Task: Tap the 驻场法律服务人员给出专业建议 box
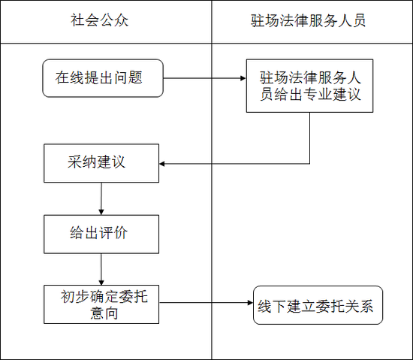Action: [x=310, y=86]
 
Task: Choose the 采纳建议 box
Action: [x=101, y=163]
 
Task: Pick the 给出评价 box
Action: [x=101, y=234]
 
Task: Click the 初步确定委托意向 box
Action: [x=101, y=304]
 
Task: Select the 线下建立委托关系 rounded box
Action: [x=318, y=305]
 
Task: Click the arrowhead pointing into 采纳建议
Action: [x=164, y=163]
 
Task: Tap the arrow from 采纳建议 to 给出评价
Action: [x=101, y=198]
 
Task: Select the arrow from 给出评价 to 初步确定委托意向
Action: [x=101, y=269]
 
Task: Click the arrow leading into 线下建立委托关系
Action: [x=206, y=304]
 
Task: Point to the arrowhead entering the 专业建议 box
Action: [x=242, y=77]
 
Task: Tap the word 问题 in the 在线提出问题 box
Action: [x=128, y=77]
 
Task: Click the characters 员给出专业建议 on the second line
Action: [x=310, y=95]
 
